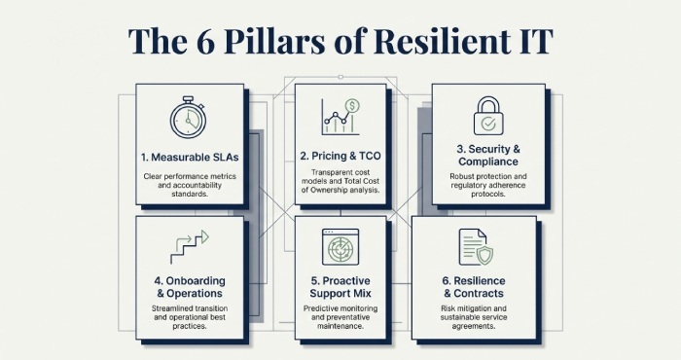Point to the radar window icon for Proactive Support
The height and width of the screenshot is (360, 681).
pos(340,250)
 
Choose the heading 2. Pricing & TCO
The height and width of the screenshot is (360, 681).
pos(340,157)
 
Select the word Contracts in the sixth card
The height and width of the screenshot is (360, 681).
pos(474,294)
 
